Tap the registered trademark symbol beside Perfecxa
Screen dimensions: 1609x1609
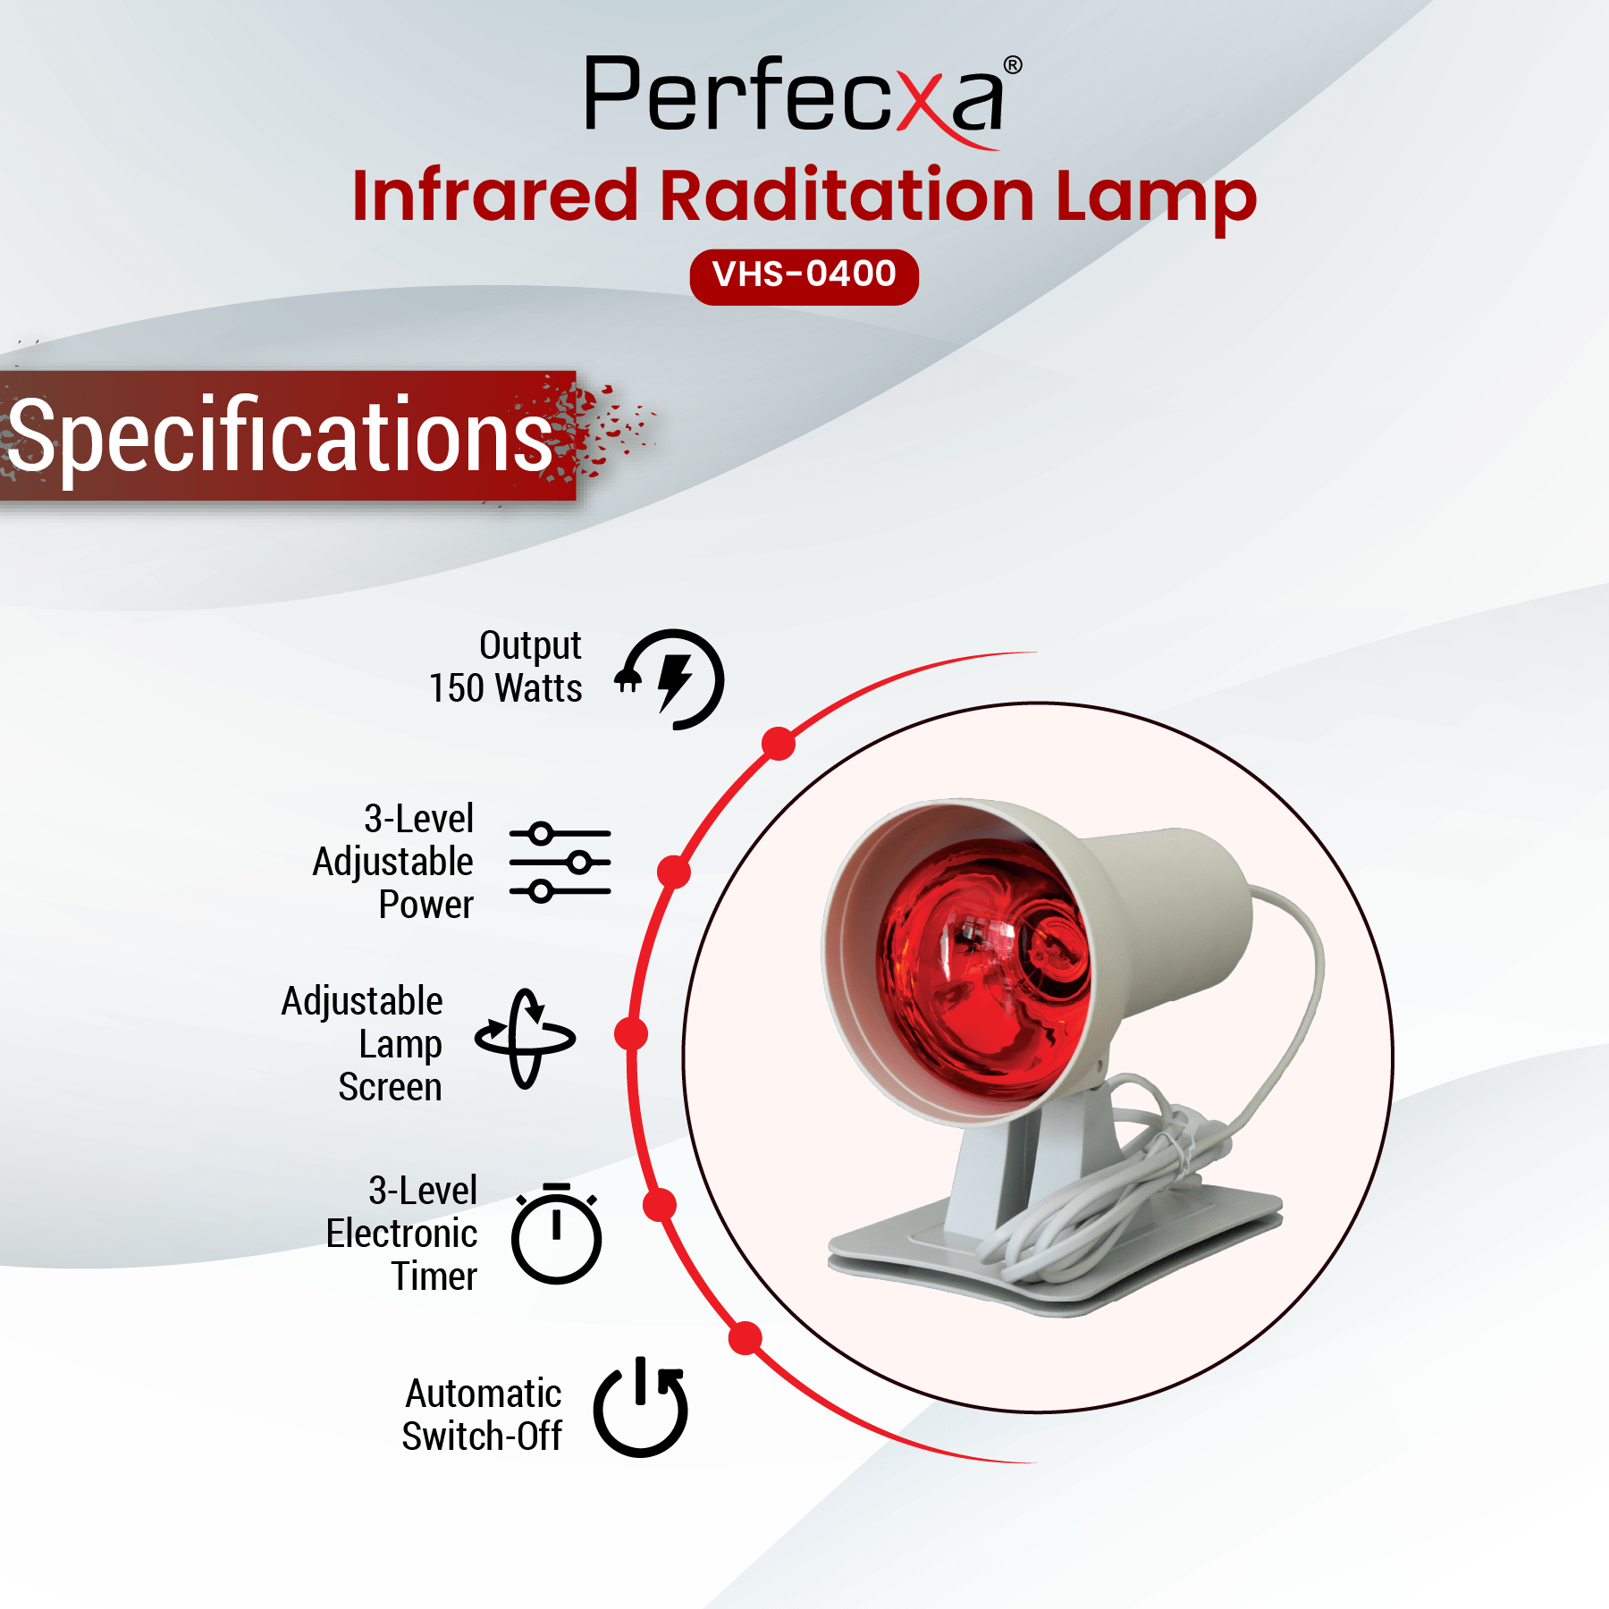pos(1013,65)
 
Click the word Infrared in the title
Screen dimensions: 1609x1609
pos(495,195)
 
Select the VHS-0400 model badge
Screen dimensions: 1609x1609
pos(804,276)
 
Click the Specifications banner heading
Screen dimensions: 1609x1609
pos(280,435)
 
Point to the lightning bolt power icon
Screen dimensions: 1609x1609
pos(670,679)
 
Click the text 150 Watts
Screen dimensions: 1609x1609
pos(505,688)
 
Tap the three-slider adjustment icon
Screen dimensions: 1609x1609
pos(560,863)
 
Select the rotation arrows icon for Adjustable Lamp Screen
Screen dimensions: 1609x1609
pos(525,1038)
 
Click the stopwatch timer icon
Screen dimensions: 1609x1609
pos(556,1234)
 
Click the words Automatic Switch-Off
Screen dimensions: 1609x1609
pos(482,1415)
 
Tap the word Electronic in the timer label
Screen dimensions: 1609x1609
pos(401,1234)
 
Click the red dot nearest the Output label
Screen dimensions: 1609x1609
pos(779,744)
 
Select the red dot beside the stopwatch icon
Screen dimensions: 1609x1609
pos(660,1205)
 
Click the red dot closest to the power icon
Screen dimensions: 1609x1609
pos(746,1339)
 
